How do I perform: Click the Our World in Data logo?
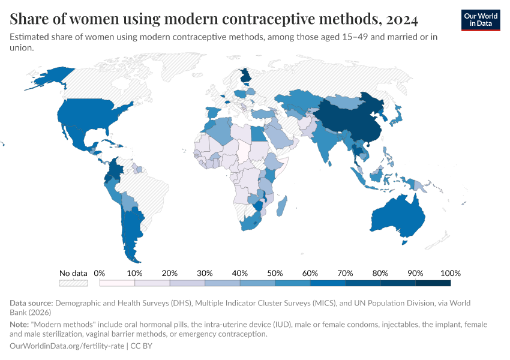tap(480, 20)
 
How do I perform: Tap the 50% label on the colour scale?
tap(275, 273)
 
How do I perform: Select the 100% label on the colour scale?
tap(450, 273)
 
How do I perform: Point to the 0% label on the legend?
tap(100, 273)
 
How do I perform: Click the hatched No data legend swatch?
tap(73, 283)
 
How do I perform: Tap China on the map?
tap(348, 120)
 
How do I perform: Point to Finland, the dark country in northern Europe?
tap(245, 76)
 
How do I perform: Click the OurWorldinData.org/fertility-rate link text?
tap(67, 346)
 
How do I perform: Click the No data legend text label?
tap(73, 273)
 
